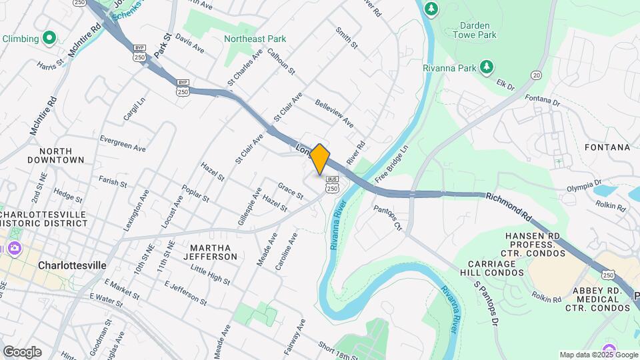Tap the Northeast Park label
coord(255,39)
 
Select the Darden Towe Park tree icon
coord(432,8)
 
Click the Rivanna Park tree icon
coord(487,67)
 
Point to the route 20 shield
coord(536,75)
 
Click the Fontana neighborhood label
coord(607,147)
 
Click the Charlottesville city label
coord(72,265)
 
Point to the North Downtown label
coord(56,155)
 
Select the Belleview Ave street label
coord(335,115)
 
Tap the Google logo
coord(22,351)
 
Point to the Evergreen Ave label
coord(122,143)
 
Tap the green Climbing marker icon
coord(49,39)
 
